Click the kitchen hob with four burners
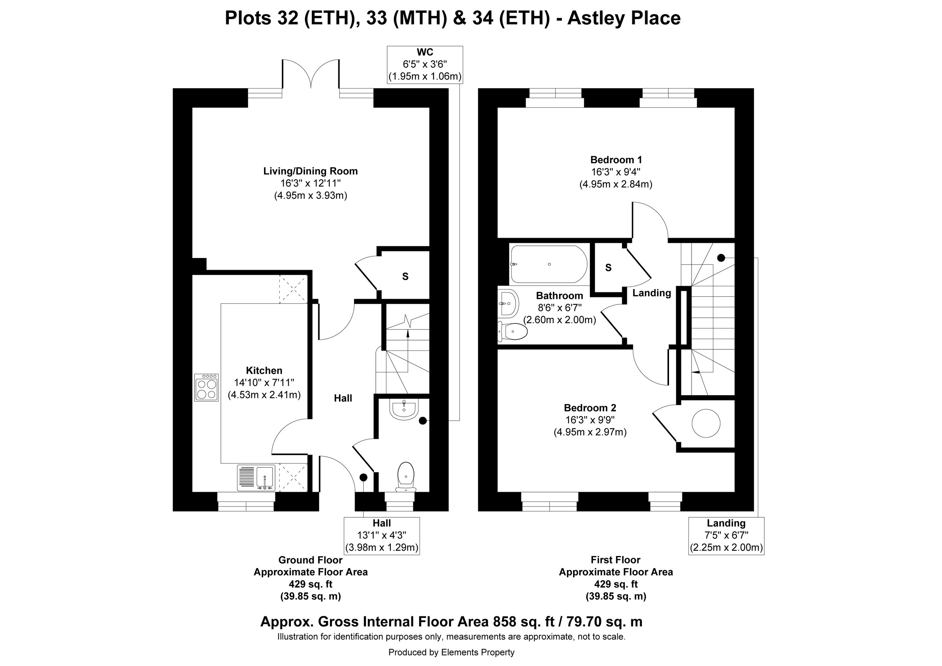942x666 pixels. tap(206, 387)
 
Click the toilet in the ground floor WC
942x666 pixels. tap(406, 477)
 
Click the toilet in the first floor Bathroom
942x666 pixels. tap(512, 332)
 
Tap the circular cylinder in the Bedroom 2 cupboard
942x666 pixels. tap(706, 423)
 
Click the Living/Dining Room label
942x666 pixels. tap(310, 171)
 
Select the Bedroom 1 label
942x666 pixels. tap(616, 160)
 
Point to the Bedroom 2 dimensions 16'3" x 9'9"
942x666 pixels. tap(590, 420)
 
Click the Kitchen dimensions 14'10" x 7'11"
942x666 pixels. tap(264, 383)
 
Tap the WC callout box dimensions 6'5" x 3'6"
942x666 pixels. tap(425, 65)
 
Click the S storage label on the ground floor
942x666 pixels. tap(405, 277)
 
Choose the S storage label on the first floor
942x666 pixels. tap(608, 268)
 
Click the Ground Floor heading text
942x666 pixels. tap(310, 560)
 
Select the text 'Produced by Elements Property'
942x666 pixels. tap(451, 652)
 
